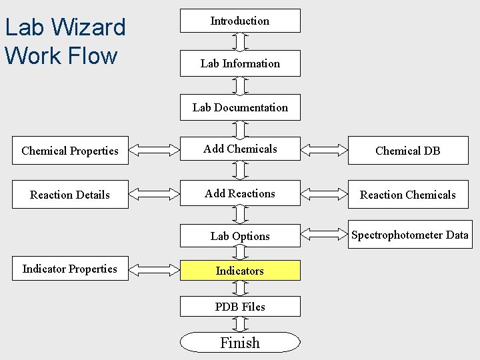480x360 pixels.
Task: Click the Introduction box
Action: (x=240, y=21)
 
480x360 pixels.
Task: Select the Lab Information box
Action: (x=240, y=63)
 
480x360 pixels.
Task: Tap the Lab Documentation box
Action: (x=240, y=107)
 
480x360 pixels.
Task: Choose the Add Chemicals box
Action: (x=240, y=149)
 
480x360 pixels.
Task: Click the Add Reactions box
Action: (x=240, y=194)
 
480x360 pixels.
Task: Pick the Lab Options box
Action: (x=240, y=236)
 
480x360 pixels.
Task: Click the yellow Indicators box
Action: (x=240, y=270)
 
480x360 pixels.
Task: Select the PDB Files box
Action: (x=240, y=307)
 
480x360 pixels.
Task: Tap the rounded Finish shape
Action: (x=240, y=343)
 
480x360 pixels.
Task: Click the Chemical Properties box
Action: (x=70, y=151)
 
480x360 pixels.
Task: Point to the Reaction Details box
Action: (x=70, y=195)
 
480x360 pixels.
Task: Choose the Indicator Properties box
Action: (x=70, y=269)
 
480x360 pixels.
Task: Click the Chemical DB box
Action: (x=407, y=151)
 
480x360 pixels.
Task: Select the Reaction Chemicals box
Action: (x=407, y=195)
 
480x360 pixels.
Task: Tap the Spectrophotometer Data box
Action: (x=409, y=235)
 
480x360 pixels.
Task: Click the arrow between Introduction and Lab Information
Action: (x=241, y=41)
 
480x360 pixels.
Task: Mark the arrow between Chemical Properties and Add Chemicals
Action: (x=154, y=150)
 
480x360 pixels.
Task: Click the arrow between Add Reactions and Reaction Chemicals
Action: (x=324, y=194)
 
